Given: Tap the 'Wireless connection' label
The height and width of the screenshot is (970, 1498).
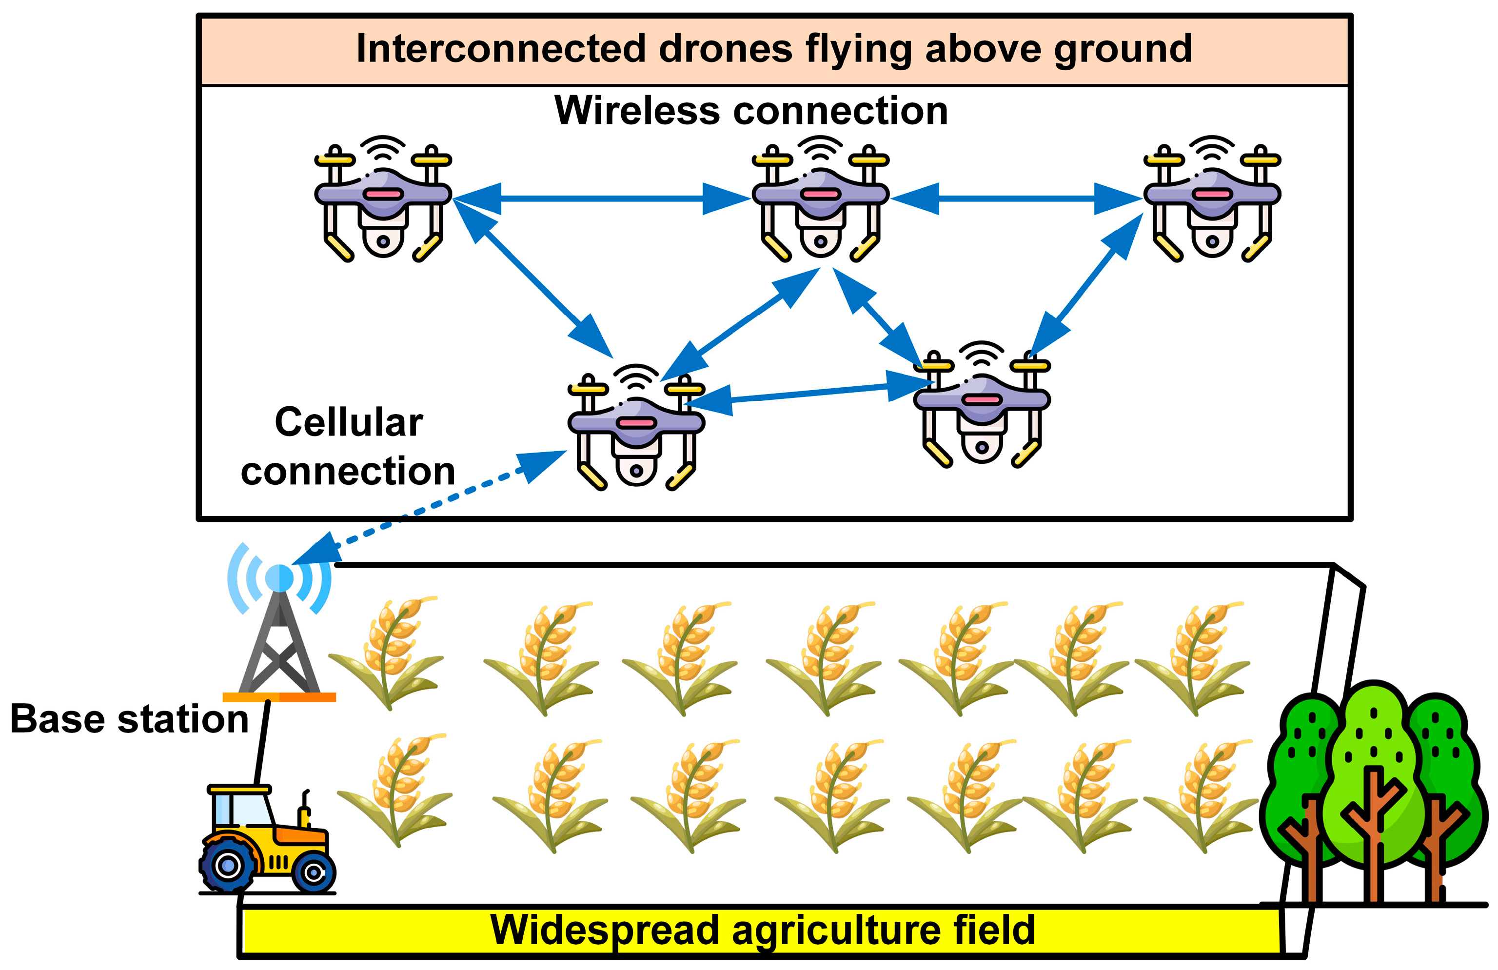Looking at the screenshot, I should tap(750, 111).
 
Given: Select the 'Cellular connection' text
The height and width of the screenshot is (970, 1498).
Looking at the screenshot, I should tap(348, 446).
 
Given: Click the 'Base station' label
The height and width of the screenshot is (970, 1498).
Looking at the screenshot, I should tap(129, 719).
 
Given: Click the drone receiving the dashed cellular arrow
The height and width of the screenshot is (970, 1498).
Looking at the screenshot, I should tap(636, 429).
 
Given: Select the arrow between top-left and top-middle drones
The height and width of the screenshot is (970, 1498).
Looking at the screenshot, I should tap(601, 198).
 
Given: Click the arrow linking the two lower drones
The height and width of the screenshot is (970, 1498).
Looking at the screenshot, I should tap(809, 394).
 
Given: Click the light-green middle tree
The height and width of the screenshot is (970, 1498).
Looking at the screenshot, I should tap(1372, 774).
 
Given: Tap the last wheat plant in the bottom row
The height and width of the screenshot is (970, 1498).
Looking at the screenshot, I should tap(1199, 796).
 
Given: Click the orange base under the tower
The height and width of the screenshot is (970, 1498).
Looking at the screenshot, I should tap(279, 697).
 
